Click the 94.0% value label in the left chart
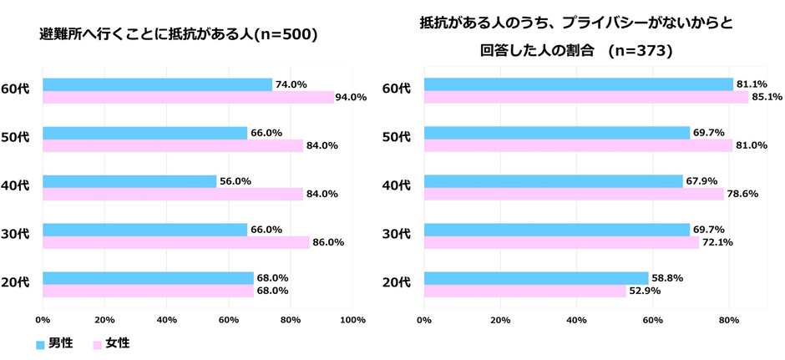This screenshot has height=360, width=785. [351, 97]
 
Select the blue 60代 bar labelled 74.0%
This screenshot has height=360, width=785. [157, 84]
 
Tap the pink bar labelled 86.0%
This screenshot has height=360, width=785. [175, 243]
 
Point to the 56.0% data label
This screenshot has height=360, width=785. [235, 181]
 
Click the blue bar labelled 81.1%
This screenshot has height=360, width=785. [578, 84]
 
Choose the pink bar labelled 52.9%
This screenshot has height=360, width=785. [525, 292]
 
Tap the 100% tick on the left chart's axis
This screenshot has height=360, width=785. [352, 319]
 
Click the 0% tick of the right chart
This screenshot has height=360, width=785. [424, 319]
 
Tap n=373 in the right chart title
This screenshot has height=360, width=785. [639, 50]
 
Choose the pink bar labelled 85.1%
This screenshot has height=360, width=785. [586, 97]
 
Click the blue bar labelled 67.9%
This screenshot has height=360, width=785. [553, 181]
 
